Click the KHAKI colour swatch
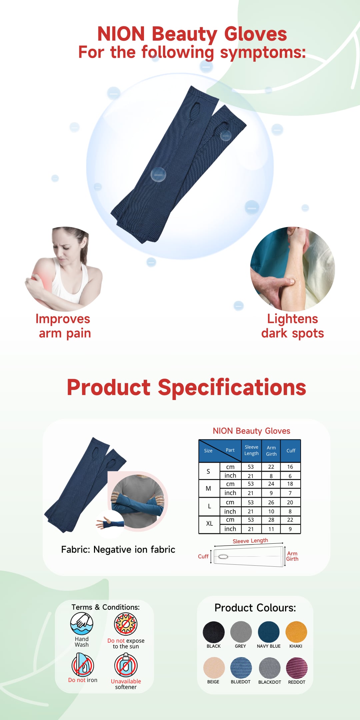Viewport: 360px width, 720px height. (296, 632)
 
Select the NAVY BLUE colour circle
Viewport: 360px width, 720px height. (269, 632)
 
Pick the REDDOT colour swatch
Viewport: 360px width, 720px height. (297, 668)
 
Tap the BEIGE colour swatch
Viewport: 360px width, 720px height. (214, 668)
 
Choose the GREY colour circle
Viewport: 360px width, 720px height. (241, 632)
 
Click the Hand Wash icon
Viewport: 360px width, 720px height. (82, 624)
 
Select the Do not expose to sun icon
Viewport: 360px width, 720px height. (126, 624)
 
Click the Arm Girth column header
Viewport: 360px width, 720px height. (271, 451)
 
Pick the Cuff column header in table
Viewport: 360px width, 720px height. (291, 451)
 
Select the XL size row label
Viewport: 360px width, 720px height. (209, 523)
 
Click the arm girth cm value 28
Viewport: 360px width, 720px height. (271, 520)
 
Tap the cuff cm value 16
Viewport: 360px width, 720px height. (290, 467)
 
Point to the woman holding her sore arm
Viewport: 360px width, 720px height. (63, 269)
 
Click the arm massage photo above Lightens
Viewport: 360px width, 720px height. (293, 269)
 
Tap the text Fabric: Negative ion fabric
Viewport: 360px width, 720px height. (118, 549)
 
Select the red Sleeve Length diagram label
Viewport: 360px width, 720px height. (250, 541)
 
